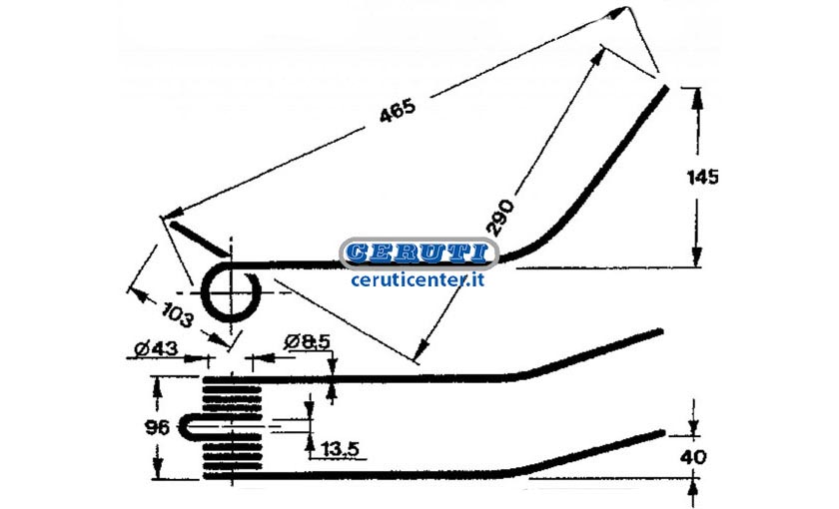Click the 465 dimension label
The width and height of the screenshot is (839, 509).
tap(398, 110)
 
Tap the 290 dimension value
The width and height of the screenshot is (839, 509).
tap(500, 218)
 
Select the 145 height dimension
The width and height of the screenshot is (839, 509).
tap(702, 177)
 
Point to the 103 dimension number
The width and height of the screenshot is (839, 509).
tap(178, 314)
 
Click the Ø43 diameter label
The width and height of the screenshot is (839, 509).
tap(156, 349)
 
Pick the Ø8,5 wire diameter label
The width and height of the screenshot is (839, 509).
tap(308, 342)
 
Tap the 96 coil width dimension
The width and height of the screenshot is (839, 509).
tap(157, 427)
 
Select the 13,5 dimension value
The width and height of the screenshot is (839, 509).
tap(340, 448)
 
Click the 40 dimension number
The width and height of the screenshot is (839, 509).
tap(693, 457)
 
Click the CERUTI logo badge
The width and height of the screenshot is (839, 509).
tap(419, 253)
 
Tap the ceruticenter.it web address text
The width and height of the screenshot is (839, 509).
tap(418, 279)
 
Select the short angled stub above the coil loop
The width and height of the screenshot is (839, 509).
tap(199, 239)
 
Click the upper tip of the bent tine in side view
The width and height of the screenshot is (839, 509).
tap(666, 88)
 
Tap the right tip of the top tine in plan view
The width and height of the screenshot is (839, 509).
tap(661, 332)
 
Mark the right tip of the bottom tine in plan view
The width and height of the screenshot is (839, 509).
tap(662, 432)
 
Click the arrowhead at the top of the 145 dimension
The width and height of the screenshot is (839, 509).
tap(696, 96)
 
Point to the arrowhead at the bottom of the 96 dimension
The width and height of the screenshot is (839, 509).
tap(158, 469)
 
